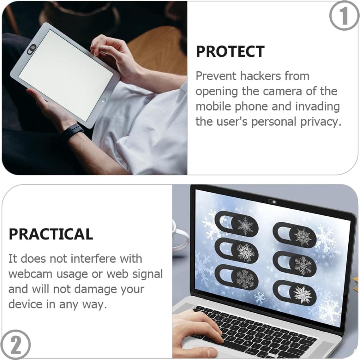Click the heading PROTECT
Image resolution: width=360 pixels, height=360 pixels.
click(x=230, y=51)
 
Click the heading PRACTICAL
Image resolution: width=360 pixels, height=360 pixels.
click(x=51, y=234)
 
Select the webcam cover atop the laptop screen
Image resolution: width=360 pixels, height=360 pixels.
click(x=272, y=201)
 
